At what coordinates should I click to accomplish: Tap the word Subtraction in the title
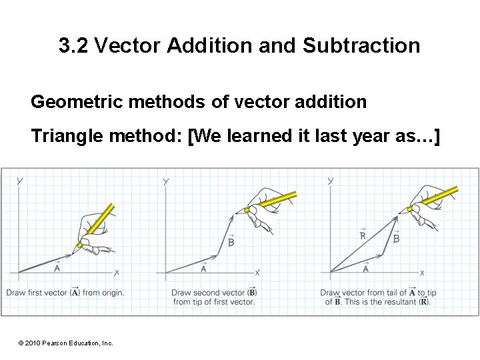tap(361, 46)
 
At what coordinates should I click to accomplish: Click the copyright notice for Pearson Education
tap(66, 343)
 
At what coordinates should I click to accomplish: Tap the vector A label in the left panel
tap(57, 268)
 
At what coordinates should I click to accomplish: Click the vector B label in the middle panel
tap(231, 243)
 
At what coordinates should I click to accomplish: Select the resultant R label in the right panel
tap(362, 235)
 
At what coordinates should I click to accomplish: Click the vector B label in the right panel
tap(396, 238)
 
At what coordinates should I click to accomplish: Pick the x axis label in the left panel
tap(117, 273)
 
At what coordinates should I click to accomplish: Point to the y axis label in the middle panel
tap(165, 181)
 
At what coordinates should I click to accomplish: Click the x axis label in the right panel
tap(422, 273)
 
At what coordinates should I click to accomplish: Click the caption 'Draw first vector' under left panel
tap(65, 293)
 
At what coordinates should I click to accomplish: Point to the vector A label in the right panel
tap(366, 268)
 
